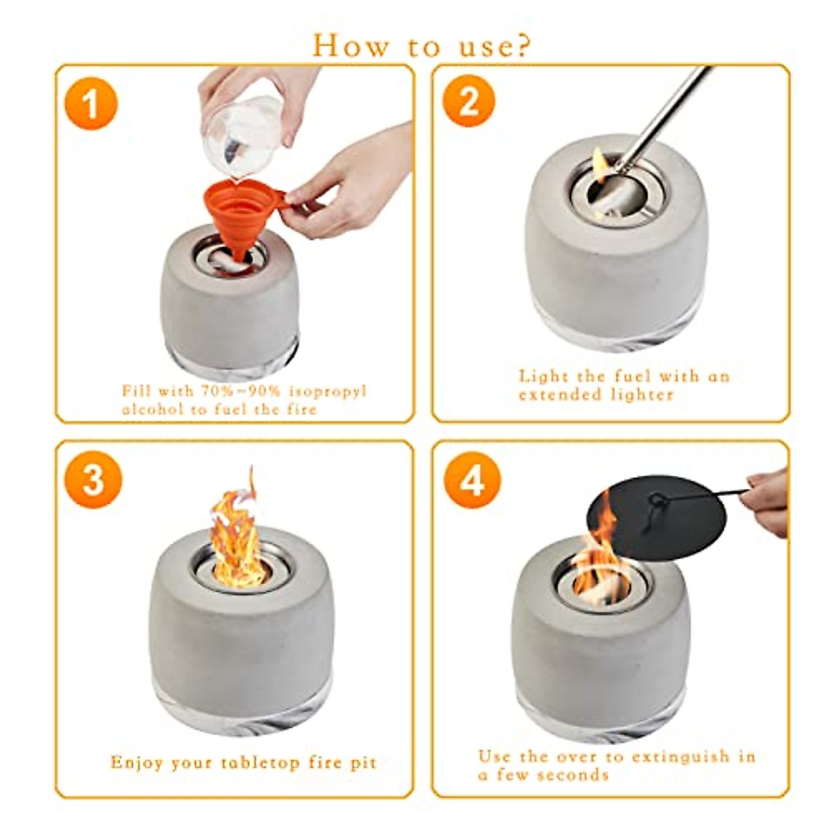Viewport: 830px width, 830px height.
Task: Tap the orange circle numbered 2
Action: tap(469, 101)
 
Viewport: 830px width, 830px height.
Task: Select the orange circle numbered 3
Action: tap(93, 479)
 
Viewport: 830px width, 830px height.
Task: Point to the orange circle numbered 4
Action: tap(472, 480)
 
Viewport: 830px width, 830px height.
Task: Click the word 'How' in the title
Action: tap(349, 45)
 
